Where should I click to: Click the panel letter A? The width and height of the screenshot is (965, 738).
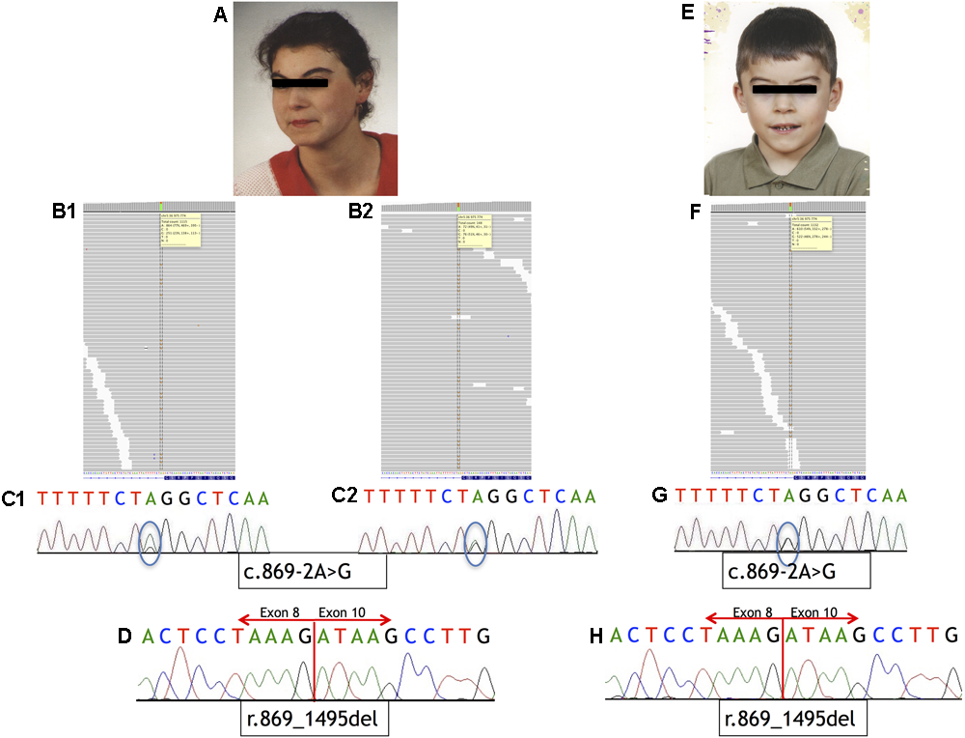pyautogui.click(x=220, y=16)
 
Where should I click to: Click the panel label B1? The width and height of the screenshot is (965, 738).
pyautogui.click(x=66, y=210)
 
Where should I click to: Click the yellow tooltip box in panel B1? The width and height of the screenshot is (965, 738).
pyautogui.click(x=179, y=231)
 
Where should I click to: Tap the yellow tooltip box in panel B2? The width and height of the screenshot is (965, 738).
pyautogui.click(x=477, y=234)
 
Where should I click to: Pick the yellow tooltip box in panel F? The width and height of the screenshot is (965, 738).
pyautogui.click(x=811, y=233)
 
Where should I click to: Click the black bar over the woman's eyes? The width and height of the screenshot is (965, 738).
pyautogui.click(x=300, y=83)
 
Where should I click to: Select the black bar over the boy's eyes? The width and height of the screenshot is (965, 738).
pyautogui.click(x=785, y=90)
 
